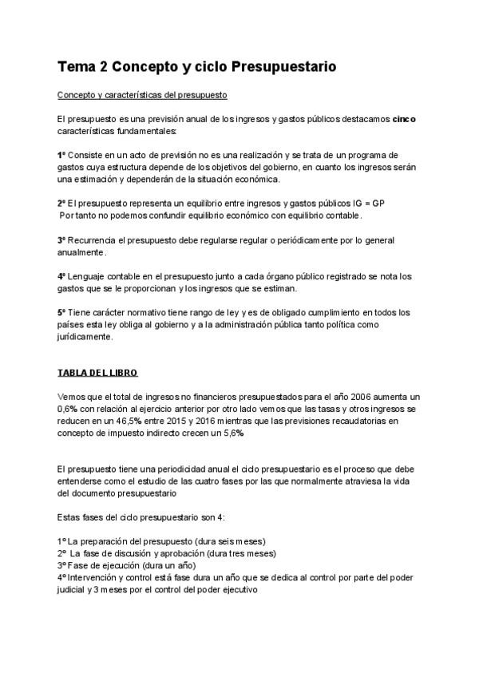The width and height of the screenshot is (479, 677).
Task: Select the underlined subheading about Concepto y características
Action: [x=143, y=95]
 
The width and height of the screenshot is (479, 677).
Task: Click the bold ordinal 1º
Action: [x=61, y=154]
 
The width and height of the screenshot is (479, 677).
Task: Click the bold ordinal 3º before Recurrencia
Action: [x=61, y=240]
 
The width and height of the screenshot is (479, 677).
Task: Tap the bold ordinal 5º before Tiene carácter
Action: [x=61, y=312]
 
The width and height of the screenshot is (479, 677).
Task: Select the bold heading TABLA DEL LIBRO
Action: [x=97, y=373]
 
